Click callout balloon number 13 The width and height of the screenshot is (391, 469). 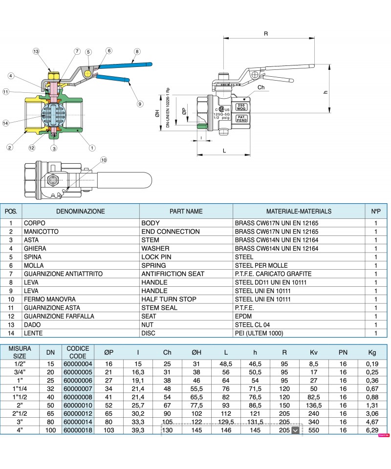(36, 51)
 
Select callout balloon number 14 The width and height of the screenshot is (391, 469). (5, 123)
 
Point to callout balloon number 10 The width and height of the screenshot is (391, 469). (103, 160)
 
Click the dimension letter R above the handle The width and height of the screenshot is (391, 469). (266, 34)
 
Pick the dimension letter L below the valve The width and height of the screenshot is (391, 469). (224, 150)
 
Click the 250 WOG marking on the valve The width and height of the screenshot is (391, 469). (241, 107)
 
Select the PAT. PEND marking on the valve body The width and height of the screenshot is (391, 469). (241, 118)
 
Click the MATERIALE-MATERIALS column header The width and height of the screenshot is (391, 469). (299, 212)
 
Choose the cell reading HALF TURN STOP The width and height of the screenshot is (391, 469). (169, 299)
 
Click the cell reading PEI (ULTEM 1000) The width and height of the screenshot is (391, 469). (259, 333)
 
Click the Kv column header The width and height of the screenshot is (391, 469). (314, 352)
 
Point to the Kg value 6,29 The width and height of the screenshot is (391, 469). (372, 430)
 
